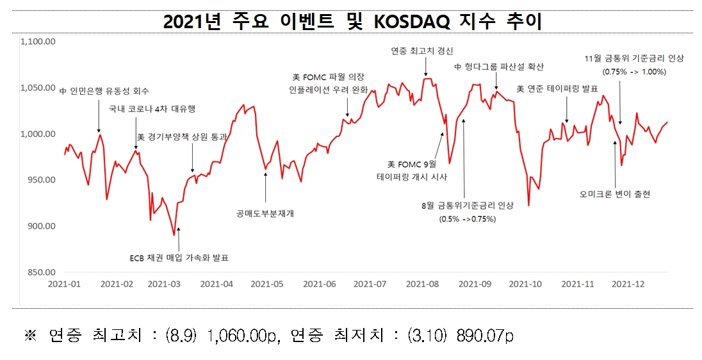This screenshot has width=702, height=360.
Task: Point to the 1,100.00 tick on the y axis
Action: pyautogui.click(x=39, y=42)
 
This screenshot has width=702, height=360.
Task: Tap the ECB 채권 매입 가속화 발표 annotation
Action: pyautogui.click(x=179, y=258)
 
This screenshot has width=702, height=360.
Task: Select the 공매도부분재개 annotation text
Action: pyautogui.click(x=265, y=213)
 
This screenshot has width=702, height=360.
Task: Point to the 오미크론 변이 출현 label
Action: pyautogui.click(x=614, y=193)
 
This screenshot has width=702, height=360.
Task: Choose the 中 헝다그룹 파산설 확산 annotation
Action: pyautogui.click(x=499, y=67)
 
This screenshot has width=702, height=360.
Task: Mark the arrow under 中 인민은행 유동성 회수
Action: pyautogui.click(x=99, y=115)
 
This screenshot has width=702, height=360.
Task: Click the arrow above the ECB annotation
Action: pyautogui.click(x=179, y=238)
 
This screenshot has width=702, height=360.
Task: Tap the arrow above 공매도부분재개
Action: pyautogui.click(x=266, y=186)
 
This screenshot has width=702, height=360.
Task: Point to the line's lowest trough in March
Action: pyautogui.click(x=174, y=235)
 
